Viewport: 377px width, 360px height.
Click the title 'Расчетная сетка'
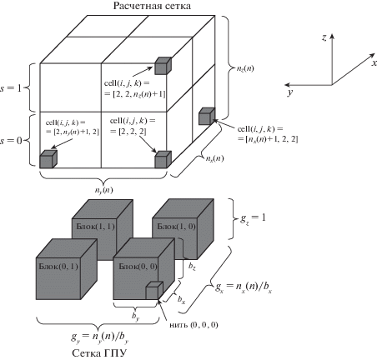pyautogui.click(x=152, y=6)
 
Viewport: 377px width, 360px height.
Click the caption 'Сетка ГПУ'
pyautogui.click(x=99, y=353)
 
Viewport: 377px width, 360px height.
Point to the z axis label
pyautogui.click(x=324, y=37)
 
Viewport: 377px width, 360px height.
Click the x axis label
pyautogui.click(x=374, y=63)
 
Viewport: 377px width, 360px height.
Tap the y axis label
pyautogui.click(x=290, y=92)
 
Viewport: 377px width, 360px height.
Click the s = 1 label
pyautogui.click(x=11, y=88)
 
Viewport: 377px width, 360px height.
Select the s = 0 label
pyautogui.click(x=11, y=141)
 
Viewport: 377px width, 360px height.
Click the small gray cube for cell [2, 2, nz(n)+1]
pyautogui.click(x=163, y=66)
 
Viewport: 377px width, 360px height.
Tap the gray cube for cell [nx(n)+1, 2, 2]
pyautogui.click(x=207, y=116)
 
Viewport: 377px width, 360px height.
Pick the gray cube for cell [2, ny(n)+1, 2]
pyautogui.click(x=48, y=159)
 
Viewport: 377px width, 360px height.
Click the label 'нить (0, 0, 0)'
pyautogui.click(x=194, y=325)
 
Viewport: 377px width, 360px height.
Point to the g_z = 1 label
pyautogui.click(x=253, y=218)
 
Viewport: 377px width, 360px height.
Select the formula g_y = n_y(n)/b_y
pyautogui.click(x=99, y=337)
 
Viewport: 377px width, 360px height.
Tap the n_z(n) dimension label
pyautogui.click(x=245, y=68)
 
